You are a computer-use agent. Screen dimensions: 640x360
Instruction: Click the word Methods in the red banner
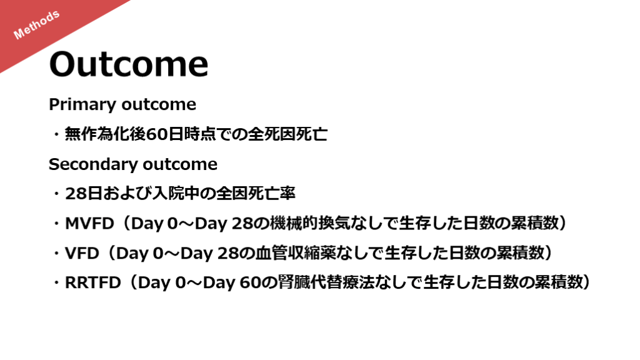point(37,25)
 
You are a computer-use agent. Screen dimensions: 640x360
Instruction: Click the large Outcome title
point(129,64)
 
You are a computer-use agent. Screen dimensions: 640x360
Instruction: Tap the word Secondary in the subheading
point(92,164)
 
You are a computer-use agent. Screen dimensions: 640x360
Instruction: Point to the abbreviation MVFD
point(89,223)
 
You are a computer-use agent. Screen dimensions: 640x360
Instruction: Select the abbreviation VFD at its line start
point(82,253)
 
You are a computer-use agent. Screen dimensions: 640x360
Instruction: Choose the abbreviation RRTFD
point(93,282)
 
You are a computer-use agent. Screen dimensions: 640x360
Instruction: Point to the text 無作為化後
point(105,134)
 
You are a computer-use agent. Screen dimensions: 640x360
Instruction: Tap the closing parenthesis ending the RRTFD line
point(586,282)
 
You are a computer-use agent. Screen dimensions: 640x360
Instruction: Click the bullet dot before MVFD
point(56,224)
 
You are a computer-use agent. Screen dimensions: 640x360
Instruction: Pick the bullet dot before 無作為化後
point(56,134)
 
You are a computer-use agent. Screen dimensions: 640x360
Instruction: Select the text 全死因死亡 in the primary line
point(287,134)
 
